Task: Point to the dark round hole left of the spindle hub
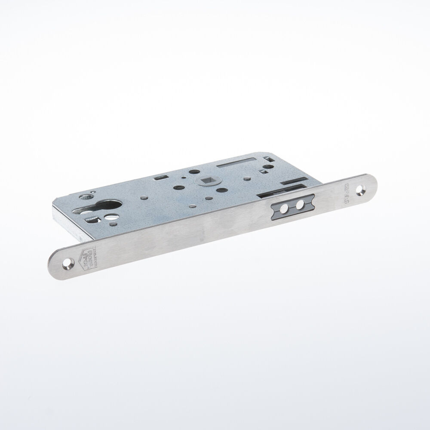click(177, 188)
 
